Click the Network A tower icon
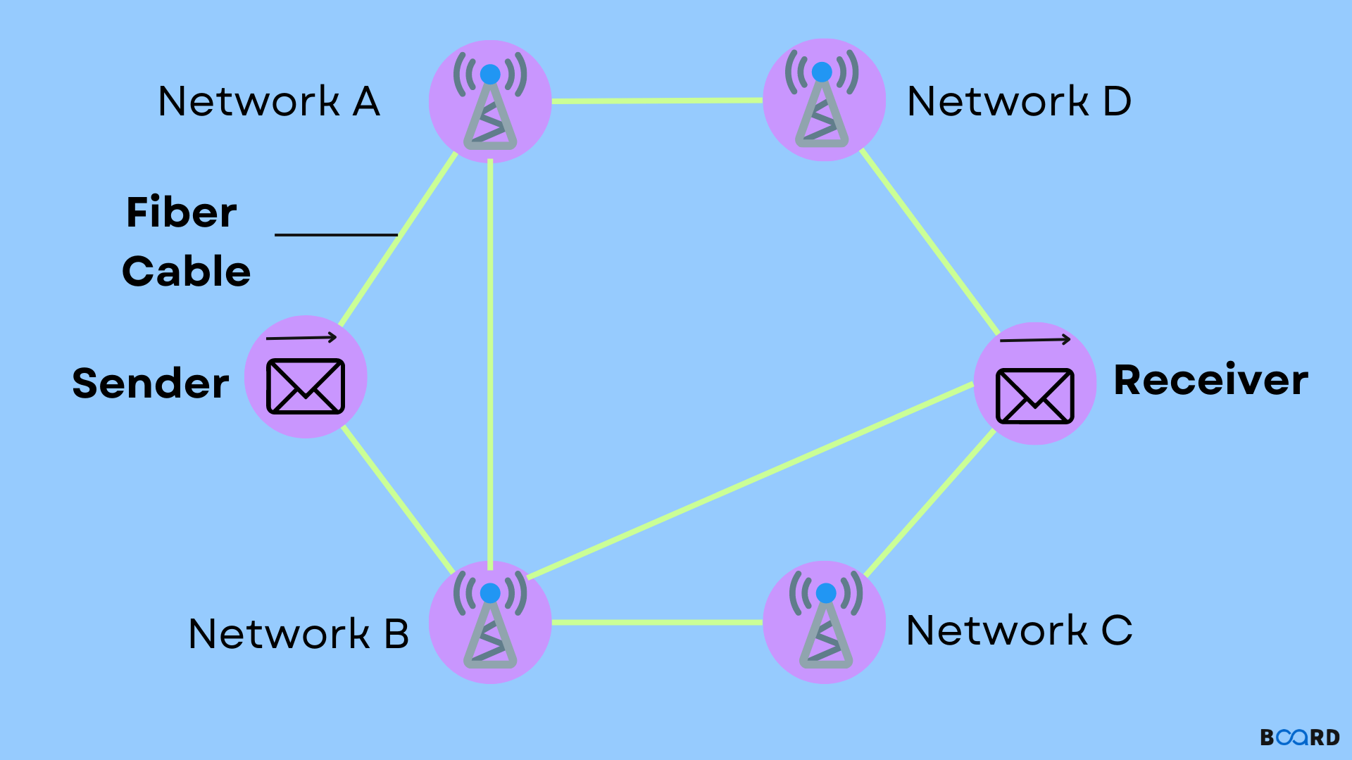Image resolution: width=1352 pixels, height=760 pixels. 490,102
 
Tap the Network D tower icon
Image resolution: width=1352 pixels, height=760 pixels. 823,101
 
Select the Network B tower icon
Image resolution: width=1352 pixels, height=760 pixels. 490,623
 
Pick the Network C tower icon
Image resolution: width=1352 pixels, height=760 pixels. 825,623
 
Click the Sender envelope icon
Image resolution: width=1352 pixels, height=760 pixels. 306,386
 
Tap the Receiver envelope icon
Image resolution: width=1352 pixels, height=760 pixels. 1034,395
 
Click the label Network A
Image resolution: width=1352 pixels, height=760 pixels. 269,101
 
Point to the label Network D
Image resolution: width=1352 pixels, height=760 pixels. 1019,101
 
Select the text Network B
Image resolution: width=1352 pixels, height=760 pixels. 299,633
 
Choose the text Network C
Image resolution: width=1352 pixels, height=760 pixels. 1019,630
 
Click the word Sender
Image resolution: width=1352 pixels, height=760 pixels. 151,384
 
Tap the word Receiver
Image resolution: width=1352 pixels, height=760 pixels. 1210,380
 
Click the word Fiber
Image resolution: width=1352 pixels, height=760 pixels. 182,213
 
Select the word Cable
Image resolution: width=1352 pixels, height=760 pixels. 187,272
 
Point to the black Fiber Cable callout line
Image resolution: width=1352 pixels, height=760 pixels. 336,234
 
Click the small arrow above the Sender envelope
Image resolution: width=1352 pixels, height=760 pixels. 301,338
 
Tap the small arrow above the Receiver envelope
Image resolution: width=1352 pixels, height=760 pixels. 1034,340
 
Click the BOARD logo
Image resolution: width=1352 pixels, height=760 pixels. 1299,737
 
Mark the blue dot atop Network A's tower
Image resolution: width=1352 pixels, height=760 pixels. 490,74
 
